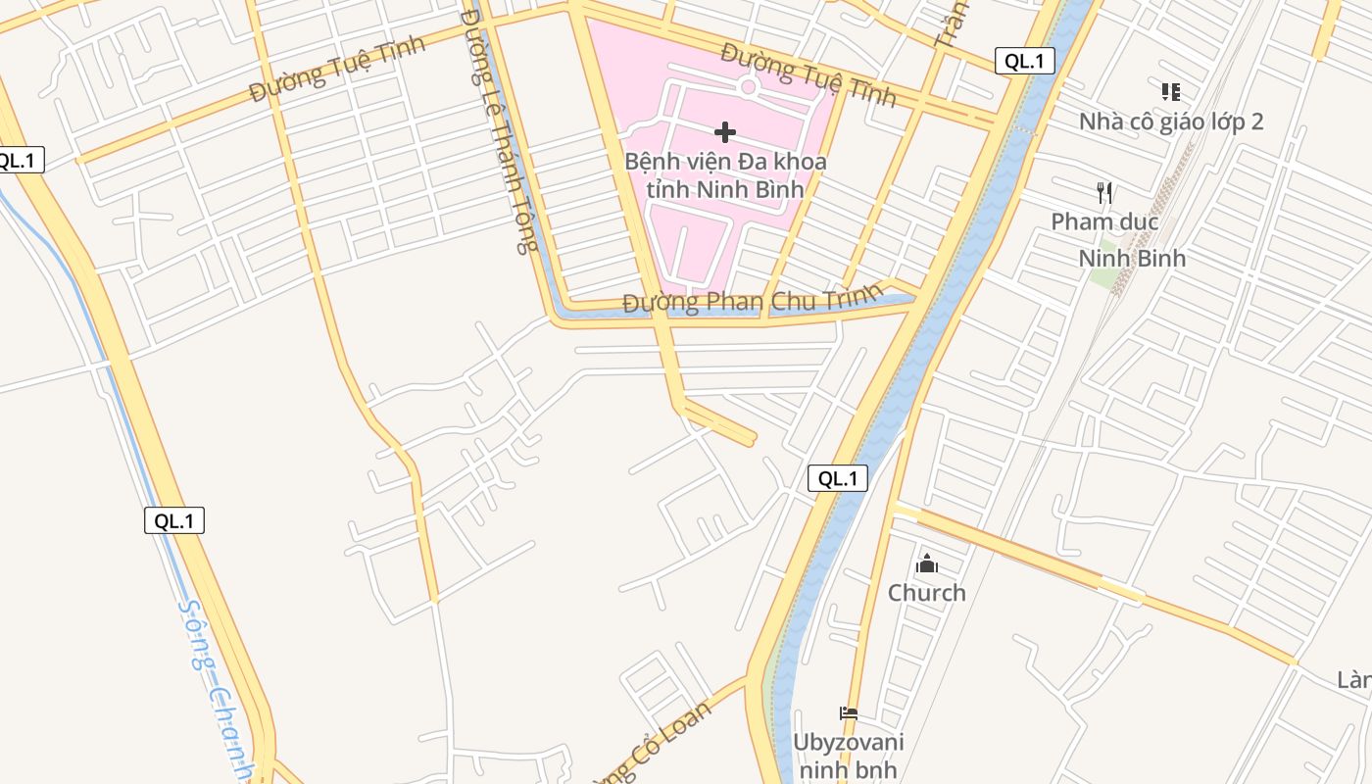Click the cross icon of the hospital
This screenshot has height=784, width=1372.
click(x=725, y=132)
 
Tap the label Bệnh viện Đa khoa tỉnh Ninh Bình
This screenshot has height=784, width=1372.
click(x=725, y=174)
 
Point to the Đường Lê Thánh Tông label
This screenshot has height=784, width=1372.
click(x=499, y=132)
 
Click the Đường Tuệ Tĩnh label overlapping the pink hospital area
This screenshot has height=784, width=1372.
click(x=808, y=73)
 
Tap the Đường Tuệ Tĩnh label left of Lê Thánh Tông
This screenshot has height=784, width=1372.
click(x=337, y=68)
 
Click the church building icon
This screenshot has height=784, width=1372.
click(x=926, y=563)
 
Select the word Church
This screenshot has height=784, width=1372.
click(x=926, y=593)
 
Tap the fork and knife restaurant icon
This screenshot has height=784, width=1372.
click(x=1104, y=192)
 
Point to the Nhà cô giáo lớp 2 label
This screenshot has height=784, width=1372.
click(x=1171, y=122)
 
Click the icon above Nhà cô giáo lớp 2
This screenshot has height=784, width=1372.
click(x=1170, y=92)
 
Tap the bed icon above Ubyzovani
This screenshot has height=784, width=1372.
click(x=849, y=713)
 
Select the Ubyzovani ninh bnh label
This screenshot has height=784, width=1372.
click(x=848, y=756)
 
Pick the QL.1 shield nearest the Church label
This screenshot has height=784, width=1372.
click(x=838, y=478)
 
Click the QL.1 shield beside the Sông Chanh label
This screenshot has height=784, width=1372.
click(x=174, y=520)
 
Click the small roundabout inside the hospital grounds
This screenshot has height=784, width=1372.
click(x=749, y=87)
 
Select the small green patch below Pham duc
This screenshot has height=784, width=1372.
click(x=1105, y=276)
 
